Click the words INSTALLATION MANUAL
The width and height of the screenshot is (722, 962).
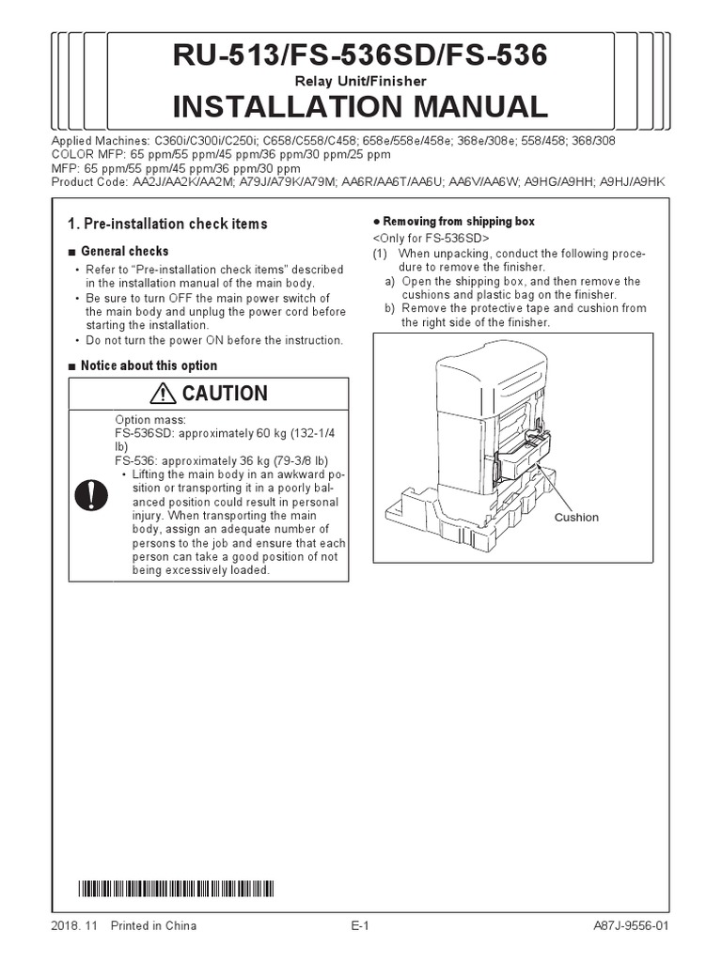click(360, 106)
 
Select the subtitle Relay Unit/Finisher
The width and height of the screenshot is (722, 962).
click(360, 82)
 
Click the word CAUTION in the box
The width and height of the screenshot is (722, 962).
click(225, 394)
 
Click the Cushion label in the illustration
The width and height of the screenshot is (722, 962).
click(576, 518)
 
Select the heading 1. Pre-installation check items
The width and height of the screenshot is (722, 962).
click(167, 224)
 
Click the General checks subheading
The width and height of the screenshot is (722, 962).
click(124, 252)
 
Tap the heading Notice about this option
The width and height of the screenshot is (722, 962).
click(149, 365)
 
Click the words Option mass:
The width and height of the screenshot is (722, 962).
click(150, 419)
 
